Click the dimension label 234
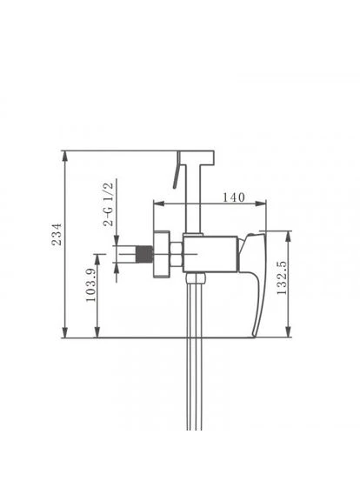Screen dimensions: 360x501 click(x=57, y=234)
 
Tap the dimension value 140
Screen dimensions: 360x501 click(x=234, y=197)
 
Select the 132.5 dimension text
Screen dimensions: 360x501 click(x=282, y=277)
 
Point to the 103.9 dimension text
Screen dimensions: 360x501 click(x=91, y=285)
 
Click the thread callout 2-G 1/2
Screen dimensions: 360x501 click(x=109, y=204)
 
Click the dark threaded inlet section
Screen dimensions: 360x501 click(x=144, y=254)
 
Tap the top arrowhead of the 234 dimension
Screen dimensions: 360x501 click(x=65, y=157)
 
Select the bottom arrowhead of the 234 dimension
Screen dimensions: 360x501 click(x=65, y=332)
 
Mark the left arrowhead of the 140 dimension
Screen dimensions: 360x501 click(x=159, y=204)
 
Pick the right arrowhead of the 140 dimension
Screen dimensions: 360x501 click(x=260, y=204)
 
